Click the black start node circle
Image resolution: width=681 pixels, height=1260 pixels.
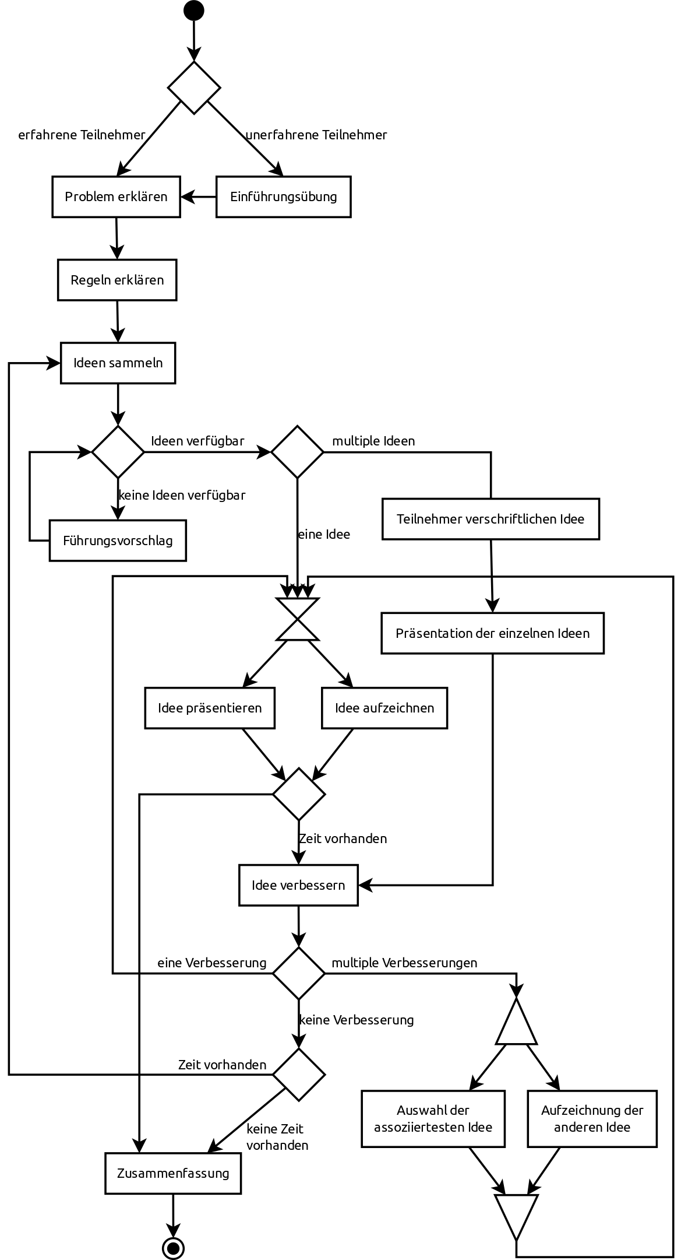194,10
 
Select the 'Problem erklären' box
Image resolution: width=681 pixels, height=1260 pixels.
116,196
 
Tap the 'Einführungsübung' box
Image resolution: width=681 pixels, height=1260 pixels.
284,196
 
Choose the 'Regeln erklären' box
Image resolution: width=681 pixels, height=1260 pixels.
117,280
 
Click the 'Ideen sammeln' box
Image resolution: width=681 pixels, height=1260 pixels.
118,363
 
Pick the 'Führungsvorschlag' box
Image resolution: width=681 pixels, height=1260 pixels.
118,540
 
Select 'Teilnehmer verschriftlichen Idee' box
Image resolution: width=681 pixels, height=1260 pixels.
491,519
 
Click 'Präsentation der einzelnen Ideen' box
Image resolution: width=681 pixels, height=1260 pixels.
492,633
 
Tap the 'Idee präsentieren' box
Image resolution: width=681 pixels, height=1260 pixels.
210,708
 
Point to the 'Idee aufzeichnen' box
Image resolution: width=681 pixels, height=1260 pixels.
384,708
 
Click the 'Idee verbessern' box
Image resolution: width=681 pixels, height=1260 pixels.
298,885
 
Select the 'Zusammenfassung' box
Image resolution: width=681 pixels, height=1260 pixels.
173,1173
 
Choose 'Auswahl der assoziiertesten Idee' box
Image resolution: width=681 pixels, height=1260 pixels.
433,1119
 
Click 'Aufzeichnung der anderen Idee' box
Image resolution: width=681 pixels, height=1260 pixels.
592,1119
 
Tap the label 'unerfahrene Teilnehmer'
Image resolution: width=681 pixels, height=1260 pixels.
316,135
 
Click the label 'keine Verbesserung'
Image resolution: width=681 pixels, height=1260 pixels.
356,1020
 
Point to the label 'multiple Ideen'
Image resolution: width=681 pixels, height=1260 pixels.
373,441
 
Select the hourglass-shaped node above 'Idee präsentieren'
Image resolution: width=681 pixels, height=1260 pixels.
298,619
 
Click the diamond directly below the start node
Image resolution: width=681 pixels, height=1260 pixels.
194,87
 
